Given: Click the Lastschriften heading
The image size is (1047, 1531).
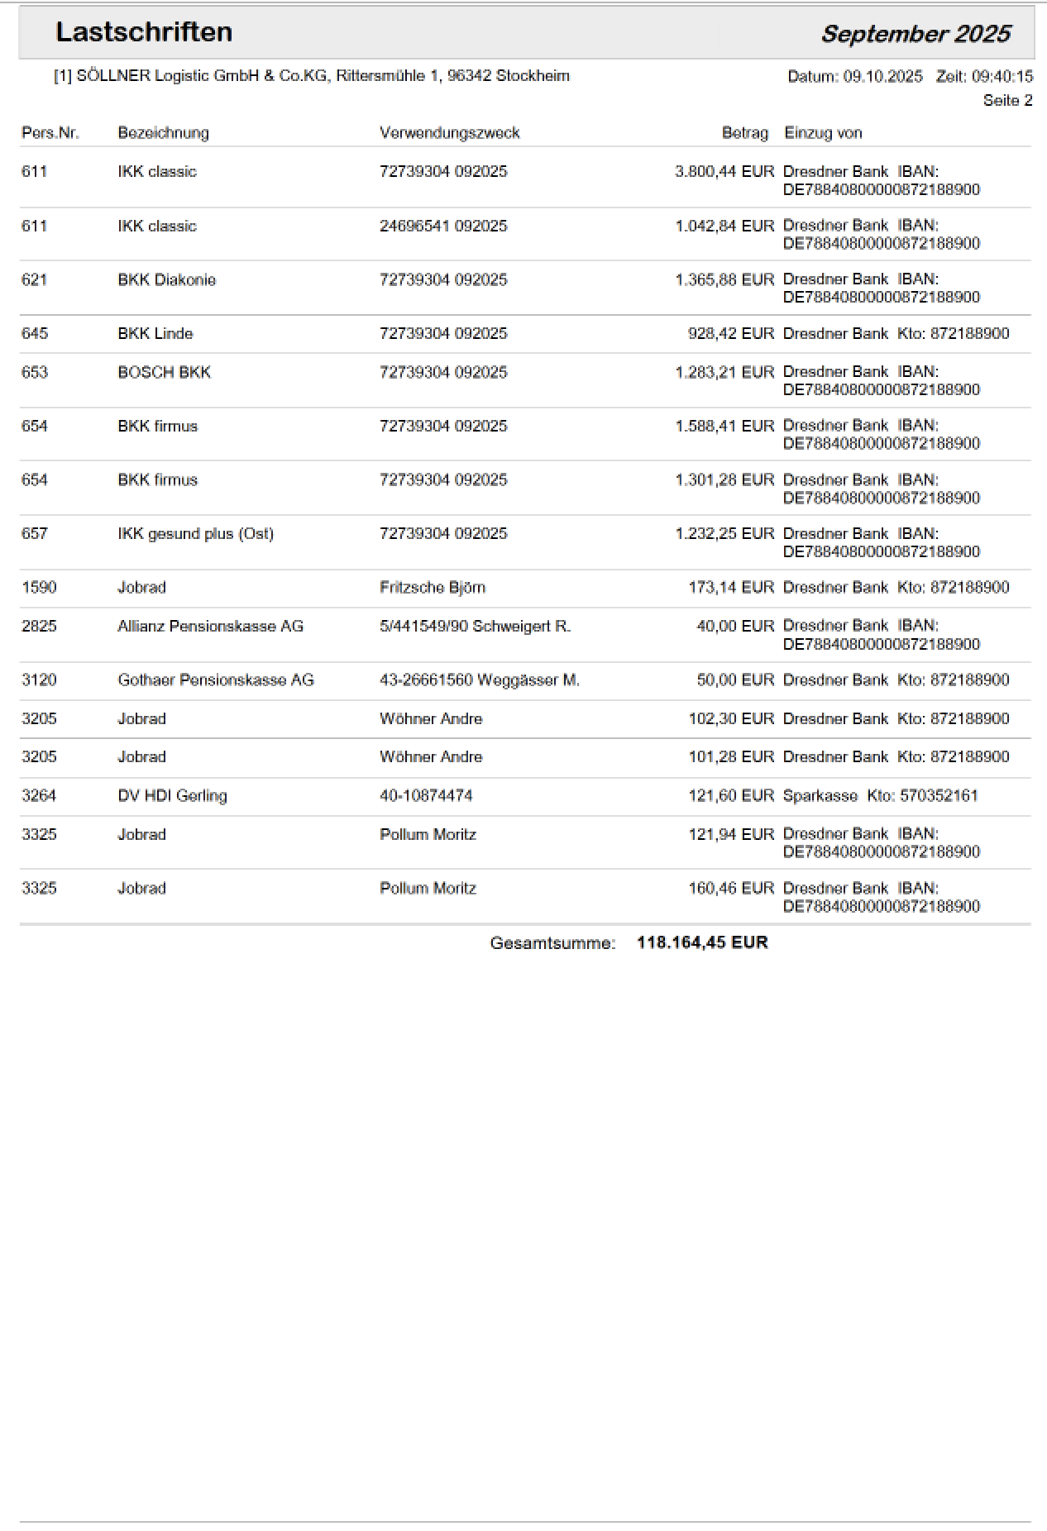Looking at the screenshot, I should (x=144, y=32).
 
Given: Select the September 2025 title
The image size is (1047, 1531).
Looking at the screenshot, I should (x=916, y=34).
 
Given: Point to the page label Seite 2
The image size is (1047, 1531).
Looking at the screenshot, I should (x=1007, y=101).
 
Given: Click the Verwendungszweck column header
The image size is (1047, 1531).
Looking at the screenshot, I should (x=449, y=133).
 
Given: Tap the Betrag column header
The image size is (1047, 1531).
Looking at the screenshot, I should (x=744, y=133).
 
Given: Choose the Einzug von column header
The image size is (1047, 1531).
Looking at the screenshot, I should (x=823, y=133).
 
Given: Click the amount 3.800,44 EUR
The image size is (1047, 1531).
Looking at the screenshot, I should (x=724, y=172).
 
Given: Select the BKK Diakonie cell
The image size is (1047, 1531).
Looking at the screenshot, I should (x=166, y=280).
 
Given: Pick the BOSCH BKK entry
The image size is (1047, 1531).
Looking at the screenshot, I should (x=164, y=373).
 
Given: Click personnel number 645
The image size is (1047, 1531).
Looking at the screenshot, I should (x=35, y=334).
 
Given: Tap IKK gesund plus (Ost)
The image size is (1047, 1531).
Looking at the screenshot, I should (x=195, y=534).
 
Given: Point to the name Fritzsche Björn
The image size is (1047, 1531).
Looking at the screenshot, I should (x=433, y=588).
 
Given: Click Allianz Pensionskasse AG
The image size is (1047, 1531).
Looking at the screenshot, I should (x=210, y=627).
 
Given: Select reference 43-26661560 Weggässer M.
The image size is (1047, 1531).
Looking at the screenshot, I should (x=480, y=680).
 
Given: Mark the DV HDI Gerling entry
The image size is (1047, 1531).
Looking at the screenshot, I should (x=172, y=796).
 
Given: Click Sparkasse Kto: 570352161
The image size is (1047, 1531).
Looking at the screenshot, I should (x=880, y=796).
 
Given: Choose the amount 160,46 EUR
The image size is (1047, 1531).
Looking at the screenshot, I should (x=730, y=889).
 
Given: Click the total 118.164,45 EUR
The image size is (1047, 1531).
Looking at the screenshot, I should (x=702, y=943).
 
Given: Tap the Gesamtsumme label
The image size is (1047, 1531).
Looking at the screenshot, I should (x=552, y=943).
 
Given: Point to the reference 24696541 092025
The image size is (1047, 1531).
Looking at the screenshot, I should (x=443, y=227).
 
